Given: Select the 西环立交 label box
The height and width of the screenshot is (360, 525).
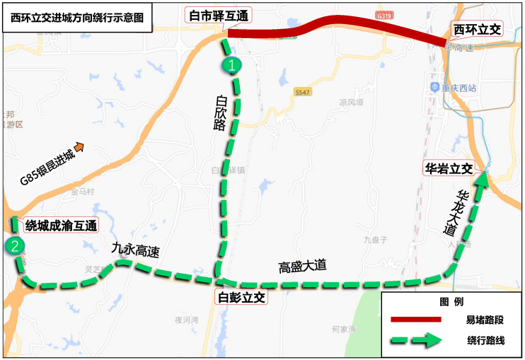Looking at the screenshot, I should pos(477,29).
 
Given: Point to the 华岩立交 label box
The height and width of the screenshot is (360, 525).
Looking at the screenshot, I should pos(449,169).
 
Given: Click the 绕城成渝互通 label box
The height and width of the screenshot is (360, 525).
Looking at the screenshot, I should pos(61,226).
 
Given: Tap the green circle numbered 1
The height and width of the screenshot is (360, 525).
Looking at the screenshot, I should pos(232,65).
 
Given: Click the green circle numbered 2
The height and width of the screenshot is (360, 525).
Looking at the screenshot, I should pos(15,247).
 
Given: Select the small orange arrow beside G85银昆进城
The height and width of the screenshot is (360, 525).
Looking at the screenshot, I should pos(79,147).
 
